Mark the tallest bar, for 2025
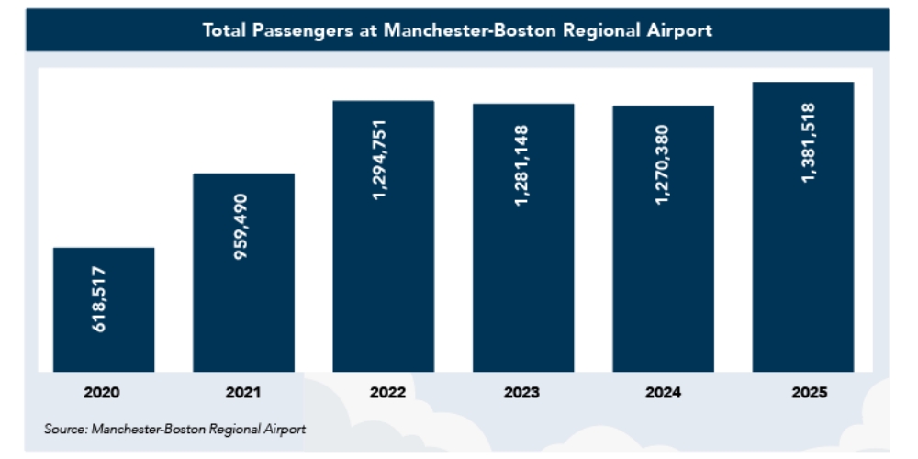pyautogui.click(x=803, y=275)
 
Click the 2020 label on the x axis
pyautogui.click(x=102, y=394)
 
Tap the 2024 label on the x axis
pyautogui.click(x=663, y=394)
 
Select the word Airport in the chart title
pyautogui.click(x=678, y=30)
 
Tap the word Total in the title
pyautogui.click(x=226, y=30)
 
